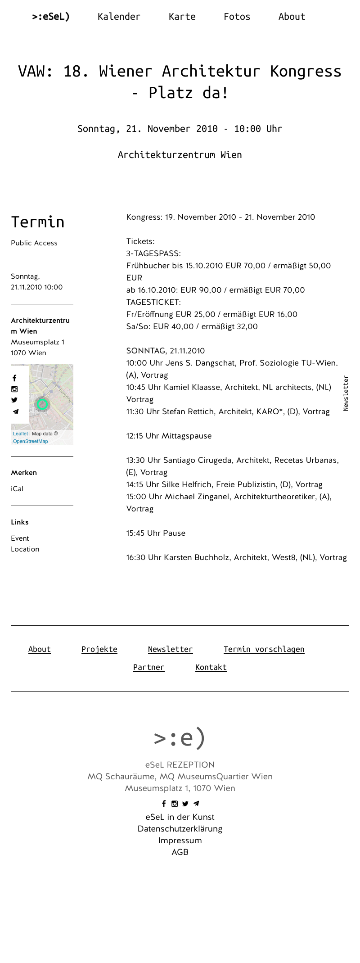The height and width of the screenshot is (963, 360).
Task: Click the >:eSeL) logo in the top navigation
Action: [x=51, y=17]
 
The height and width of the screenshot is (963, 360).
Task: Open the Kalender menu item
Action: [x=119, y=17]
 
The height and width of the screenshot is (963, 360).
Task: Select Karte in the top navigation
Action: [x=182, y=17]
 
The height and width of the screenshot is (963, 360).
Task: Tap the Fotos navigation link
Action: [x=237, y=17]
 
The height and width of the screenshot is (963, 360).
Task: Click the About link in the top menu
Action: [x=292, y=17]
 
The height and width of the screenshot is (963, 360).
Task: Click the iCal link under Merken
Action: [x=17, y=489]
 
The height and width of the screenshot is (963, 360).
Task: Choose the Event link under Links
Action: [x=20, y=538]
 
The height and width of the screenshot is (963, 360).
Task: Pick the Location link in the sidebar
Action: [x=25, y=549]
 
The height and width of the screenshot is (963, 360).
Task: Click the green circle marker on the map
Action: [x=42, y=404]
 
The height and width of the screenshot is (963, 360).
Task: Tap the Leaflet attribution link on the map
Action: [x=20, y=434]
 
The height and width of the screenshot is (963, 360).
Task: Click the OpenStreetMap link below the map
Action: [x=31, y=442]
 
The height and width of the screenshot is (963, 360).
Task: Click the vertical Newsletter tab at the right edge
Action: [x=346, y=393]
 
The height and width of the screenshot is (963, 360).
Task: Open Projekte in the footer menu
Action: [x=99, y=649]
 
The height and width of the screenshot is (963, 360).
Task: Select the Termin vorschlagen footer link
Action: [x=264, y=649]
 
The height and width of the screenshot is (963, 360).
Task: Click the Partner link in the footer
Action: [x=149, y=667]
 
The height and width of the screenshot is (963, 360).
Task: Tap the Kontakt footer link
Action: [x=211, y=667]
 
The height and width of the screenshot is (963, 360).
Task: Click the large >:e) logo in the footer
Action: [x=180, y=738]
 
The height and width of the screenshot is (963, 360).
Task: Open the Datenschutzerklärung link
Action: [x=180, y=829]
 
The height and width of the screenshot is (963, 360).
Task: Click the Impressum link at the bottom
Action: [x=180, y=841]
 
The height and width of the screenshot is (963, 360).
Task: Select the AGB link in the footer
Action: [x=180, y=852]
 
